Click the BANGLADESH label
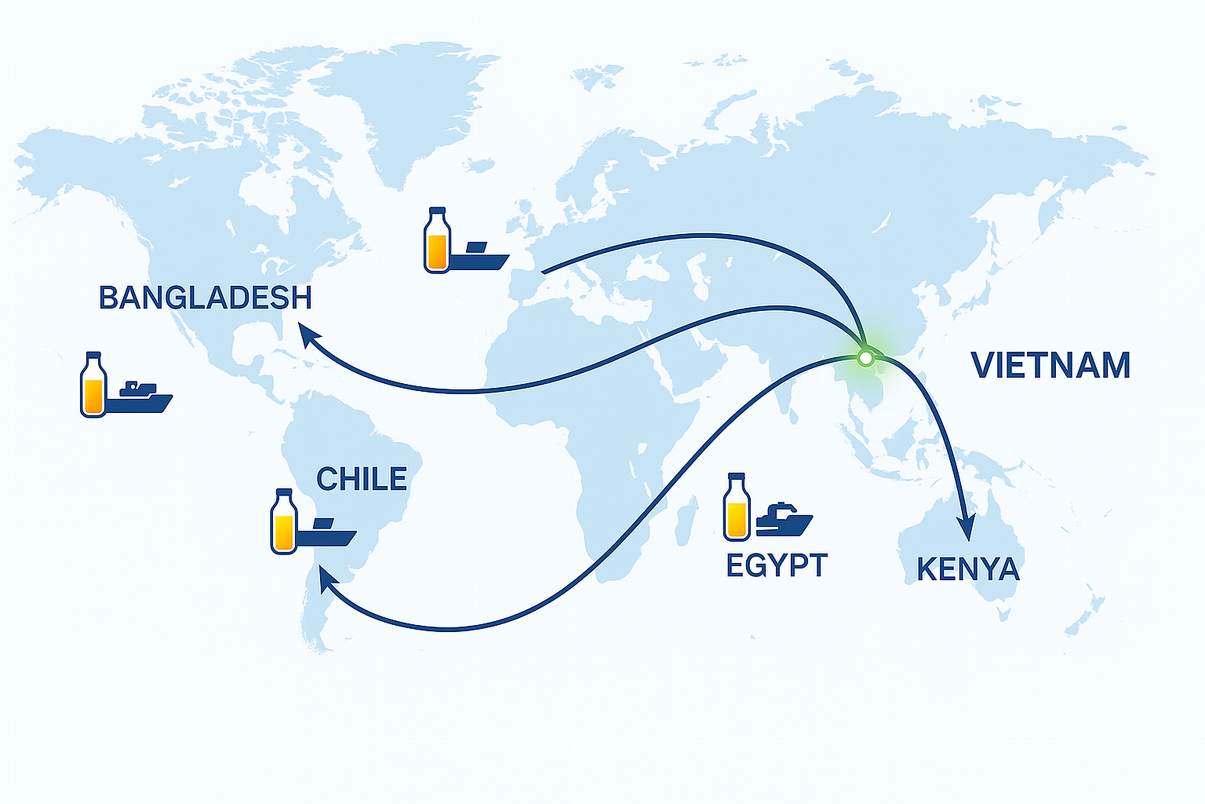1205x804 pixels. (206, 298)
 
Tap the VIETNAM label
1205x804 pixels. (1050, 366)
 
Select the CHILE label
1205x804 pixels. (362, 479)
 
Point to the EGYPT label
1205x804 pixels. (777, 565)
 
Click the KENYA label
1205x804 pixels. (968, 569)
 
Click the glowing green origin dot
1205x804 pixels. (865, 358)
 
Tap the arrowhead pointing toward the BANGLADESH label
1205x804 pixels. (309, 336)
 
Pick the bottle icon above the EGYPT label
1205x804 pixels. (737, 507)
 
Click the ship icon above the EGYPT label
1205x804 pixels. (785, 519)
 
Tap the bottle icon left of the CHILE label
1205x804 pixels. (283, 521)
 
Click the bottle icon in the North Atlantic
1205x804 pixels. (437, 241)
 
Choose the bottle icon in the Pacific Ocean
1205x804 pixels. (93, 385)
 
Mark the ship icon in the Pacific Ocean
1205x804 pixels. (140, 397)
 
